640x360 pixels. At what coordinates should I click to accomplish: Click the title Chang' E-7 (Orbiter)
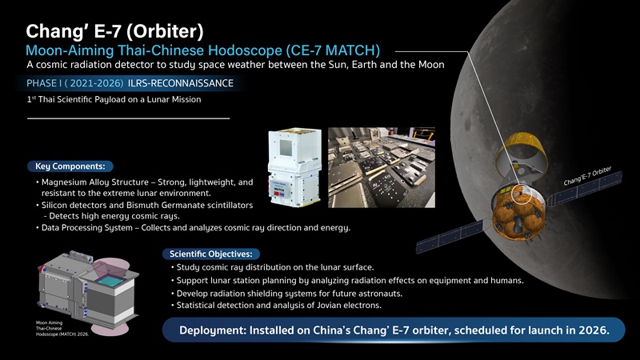click(114, 31)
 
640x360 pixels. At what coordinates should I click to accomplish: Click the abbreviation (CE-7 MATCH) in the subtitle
click(333, 50)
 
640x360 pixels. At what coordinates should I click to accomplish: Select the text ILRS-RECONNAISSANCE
click(181, 83)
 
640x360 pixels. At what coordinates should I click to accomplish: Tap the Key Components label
click(70, 166)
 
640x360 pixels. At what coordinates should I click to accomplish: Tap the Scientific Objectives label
click(211, 254)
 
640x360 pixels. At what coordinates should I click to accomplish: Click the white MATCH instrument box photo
click(294, 167)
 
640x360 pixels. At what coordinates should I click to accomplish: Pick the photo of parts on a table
click(382, 167)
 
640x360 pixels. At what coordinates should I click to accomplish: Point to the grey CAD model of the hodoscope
click(88, 290)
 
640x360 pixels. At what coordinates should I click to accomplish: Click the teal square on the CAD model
click(110, 281)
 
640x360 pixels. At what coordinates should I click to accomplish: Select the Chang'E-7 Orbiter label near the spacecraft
click(587, 176)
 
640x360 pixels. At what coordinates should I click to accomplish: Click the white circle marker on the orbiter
click(522, 194)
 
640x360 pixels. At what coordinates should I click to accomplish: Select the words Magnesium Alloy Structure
click(95, 182)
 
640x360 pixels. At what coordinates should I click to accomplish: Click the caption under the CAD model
click(62, 328)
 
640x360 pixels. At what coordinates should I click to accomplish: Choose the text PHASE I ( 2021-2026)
click(74, 83)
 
